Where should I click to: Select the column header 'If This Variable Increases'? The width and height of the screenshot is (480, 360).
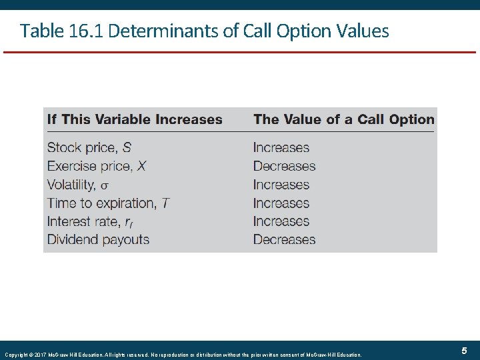pos(135,120)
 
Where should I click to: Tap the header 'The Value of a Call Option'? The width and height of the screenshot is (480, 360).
pos(343,120)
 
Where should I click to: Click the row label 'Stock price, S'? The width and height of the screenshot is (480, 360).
pos(89,148)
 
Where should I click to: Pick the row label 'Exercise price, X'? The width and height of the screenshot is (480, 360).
pos(97,166)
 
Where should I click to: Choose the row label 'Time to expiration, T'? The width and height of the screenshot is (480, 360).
pos(108,203)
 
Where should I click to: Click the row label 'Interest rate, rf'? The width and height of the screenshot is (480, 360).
pos(90,221)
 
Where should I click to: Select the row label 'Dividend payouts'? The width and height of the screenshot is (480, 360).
pos(98,239)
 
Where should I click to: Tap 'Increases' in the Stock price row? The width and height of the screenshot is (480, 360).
pos(281,148)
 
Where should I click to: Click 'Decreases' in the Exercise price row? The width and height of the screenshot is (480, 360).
pos(284,166)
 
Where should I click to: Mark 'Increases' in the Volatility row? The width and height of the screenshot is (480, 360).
pos(281,185)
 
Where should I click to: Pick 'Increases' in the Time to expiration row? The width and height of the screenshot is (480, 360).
pos(281,203)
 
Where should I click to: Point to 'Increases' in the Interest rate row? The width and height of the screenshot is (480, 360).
pos(281,221)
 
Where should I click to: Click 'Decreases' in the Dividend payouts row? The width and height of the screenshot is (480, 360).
pos(284,239)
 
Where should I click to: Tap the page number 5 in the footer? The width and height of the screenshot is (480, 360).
pos(463,351)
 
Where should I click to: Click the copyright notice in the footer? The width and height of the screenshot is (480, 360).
pos(183,354)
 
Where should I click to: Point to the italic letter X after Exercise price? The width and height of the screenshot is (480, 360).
pos(142,166)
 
